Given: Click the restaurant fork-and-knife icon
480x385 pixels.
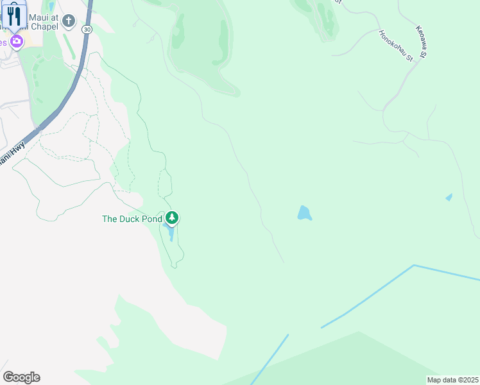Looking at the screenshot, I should [14, 15].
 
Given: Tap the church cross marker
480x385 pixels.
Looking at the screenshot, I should [69, 22].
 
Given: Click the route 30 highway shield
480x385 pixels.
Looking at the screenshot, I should [87, 30].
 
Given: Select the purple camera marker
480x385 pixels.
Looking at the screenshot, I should [17, 42].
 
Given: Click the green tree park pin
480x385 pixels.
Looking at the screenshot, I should [172, 218].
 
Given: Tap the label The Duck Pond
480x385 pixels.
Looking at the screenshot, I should [133, 219].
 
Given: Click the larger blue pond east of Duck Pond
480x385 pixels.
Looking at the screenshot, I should [304, 213].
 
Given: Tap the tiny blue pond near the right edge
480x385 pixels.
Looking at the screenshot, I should [449, 197].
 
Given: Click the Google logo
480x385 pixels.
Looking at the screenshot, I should [21, 377].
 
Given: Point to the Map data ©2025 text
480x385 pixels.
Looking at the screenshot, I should [452, 380].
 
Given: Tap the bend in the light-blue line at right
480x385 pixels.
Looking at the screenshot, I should [415, 265].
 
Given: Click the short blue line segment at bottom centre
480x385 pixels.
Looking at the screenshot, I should [270, 359].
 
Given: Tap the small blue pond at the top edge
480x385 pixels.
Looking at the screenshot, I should [51, 6].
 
